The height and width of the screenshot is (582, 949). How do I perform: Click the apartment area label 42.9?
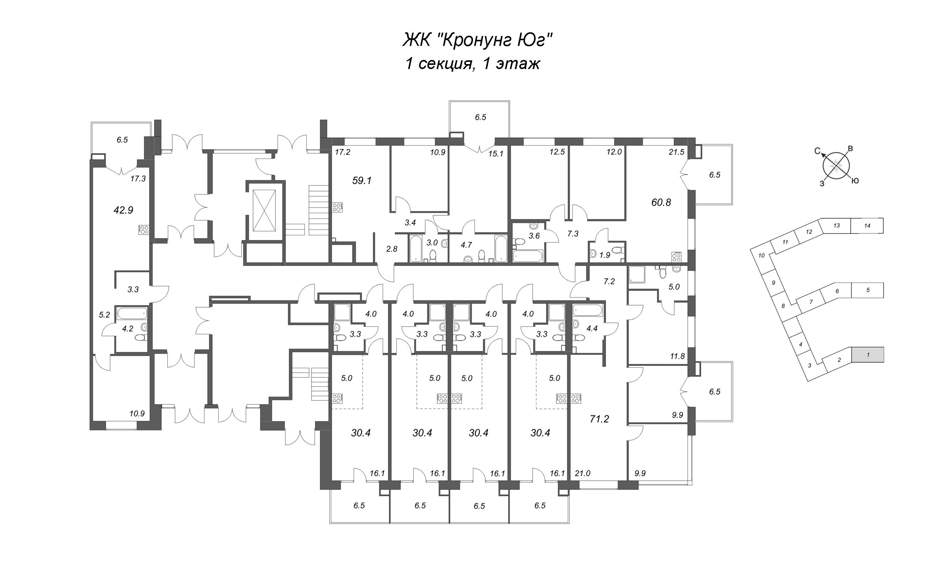(123, 210)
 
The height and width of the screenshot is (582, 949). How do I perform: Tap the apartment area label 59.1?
(362, 181)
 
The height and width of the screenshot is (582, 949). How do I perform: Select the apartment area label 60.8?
(661, 202)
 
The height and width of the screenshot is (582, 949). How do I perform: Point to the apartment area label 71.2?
(599, 419)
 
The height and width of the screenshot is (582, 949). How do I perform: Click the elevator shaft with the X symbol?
(264, 211)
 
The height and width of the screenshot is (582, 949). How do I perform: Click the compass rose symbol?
(836, 166)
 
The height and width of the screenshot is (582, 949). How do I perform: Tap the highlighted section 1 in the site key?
(868, 354)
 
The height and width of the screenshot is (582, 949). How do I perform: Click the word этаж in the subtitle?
(518, 64)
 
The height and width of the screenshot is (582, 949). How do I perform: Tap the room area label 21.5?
(676, 152)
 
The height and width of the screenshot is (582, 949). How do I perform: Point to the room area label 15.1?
(496, 154)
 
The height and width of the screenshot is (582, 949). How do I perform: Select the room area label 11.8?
(677, 356)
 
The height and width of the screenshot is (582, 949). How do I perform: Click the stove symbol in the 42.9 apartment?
(144, 230)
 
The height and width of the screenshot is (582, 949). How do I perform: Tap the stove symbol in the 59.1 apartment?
(337, 207)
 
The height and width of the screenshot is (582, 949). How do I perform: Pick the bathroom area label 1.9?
(605, 255)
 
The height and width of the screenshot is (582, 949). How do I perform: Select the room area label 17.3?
(138, 179)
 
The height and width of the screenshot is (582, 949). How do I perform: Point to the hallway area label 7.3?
(573, 234)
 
